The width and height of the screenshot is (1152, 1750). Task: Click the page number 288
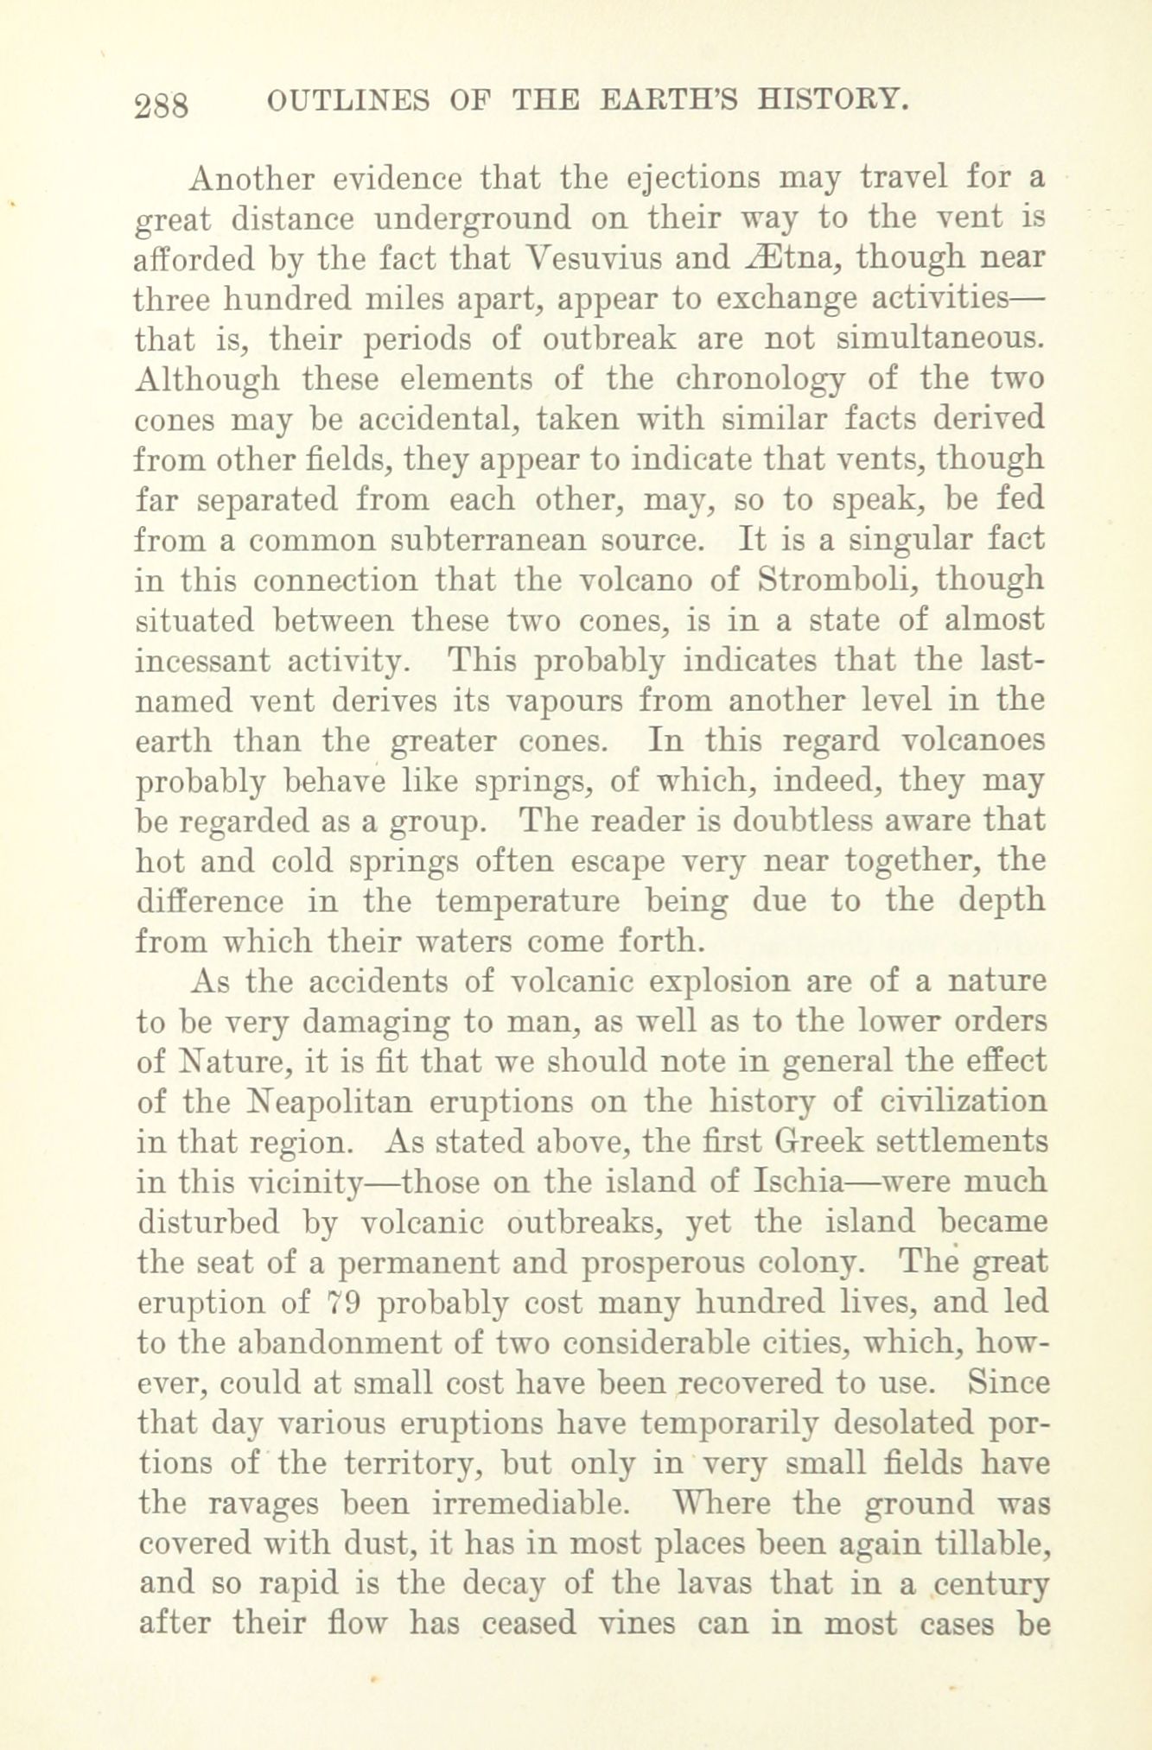(162, 105)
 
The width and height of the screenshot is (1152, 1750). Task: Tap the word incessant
(202, 661)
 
